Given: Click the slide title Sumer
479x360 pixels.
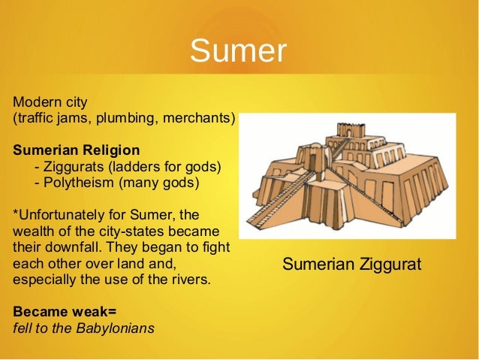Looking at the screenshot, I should pos(238,51).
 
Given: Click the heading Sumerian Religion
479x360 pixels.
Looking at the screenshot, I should pos(76,149).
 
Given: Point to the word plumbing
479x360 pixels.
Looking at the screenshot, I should pos(125,118).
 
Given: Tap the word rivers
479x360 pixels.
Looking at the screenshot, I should pos(190,280).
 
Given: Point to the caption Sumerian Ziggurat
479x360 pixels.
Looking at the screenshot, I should pos(351,265).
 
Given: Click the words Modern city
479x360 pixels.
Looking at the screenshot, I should pos(50,101).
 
